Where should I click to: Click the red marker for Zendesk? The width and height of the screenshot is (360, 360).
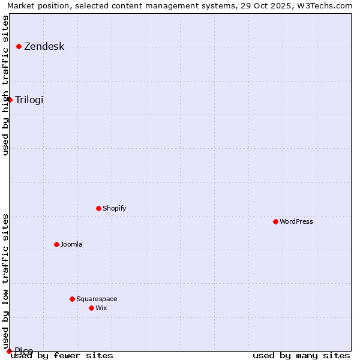(x=19, y=46)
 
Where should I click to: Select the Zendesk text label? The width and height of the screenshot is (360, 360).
(x=44, y=47)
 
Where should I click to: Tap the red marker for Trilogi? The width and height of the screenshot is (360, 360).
(x=10, y=100)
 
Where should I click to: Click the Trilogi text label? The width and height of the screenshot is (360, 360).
(x=29, y=100)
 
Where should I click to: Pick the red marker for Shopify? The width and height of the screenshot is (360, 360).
(x=98, y=208)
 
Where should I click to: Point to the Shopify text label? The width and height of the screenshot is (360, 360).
(x=114, y=208)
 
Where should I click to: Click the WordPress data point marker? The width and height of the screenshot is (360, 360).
(x=275, y=221)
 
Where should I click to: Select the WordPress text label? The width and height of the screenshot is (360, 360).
(x=296, y=221)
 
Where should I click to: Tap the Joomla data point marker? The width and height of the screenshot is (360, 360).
(x=56, y=244)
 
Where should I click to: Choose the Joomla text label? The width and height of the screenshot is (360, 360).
(x=71, y=244)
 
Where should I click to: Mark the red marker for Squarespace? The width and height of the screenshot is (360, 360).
(x=72, y=299)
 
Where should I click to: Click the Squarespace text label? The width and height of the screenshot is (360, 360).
(x=97, y=299)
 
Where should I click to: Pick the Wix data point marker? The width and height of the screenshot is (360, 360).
(x=91, y=308)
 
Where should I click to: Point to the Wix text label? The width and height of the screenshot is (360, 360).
(x=101, y=308)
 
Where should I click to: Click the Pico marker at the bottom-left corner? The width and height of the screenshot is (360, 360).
(x=9, y=351)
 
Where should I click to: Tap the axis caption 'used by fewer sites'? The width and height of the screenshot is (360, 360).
(x=62, y=356)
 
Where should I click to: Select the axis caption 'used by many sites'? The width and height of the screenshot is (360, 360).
(x=301, y=356)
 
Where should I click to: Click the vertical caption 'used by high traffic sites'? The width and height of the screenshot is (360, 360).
(x=5, y=85)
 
